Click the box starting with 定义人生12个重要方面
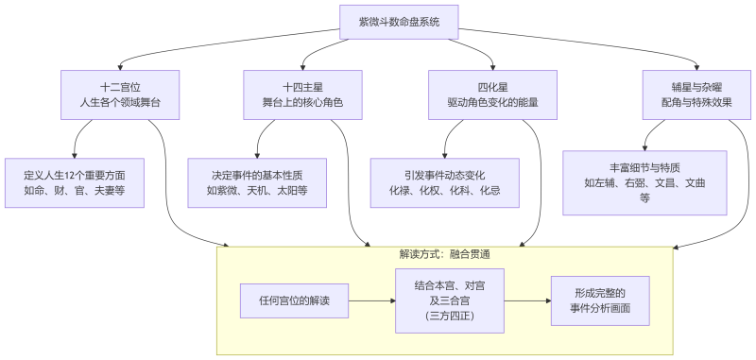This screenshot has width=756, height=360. pos(75,182)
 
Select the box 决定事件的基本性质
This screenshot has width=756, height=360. pos(257,182)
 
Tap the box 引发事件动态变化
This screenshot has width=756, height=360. pos(444,182)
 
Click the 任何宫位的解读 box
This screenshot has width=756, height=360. pos(294,300)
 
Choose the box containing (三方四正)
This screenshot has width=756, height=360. pos(449,300)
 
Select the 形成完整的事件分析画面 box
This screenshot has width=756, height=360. pos(599,300)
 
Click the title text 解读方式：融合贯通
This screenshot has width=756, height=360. pos(444,254)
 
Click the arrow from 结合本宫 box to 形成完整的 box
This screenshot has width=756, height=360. pos(527,300)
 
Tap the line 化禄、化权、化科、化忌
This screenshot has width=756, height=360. pos(444,191)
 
